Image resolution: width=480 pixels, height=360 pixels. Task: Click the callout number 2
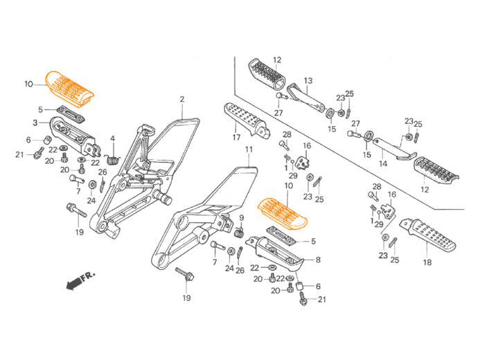point(182,100)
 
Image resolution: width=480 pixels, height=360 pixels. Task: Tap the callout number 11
point(249,149)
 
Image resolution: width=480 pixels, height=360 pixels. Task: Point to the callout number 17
point(236,138)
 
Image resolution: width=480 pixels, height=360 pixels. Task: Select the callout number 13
point(308,80)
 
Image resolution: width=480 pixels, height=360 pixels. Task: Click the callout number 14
point(382,164)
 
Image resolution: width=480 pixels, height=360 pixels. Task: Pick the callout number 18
point(427,262)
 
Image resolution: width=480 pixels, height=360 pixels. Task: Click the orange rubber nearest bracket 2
point(70,88)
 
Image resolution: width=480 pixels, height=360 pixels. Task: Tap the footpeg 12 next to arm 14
point(436,170)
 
